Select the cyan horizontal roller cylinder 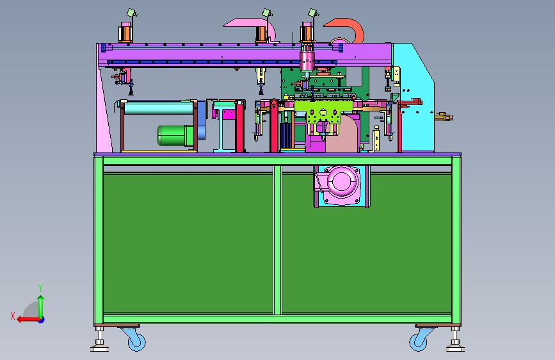(x=159, y=108)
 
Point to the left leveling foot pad (x=99, y=347)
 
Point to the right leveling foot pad (x=455, y=347)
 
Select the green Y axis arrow (x=41, y=307)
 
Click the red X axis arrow (x=29, y=320)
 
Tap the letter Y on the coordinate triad (x=40, y=288)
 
